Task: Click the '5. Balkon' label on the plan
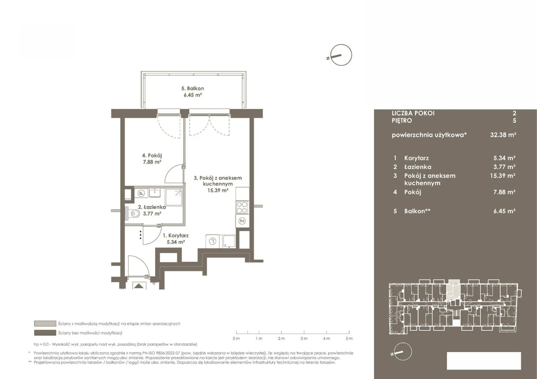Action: (193, 89)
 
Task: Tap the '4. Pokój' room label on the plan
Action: (152, 156)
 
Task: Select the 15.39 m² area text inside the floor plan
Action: (218, 191)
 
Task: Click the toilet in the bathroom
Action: (134, 213)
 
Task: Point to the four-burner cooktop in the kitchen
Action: (242, 208)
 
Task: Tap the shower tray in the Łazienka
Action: (174, 197)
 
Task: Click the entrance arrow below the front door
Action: (139, 286)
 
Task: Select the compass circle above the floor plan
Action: (341, 55)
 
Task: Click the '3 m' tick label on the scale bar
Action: (304, 338)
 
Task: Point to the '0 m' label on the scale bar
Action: (236, 338)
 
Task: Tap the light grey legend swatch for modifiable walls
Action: (45, 324)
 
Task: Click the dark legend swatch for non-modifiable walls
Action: (45, 333)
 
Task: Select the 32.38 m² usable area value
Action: (503, 135)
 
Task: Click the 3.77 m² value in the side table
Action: (504, 167)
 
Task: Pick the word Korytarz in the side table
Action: (417, 158)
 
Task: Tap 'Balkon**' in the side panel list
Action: (417, 211)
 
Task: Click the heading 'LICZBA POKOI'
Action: (413, 113)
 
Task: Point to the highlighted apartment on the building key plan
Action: (453, 291)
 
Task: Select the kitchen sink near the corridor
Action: (229, 241)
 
